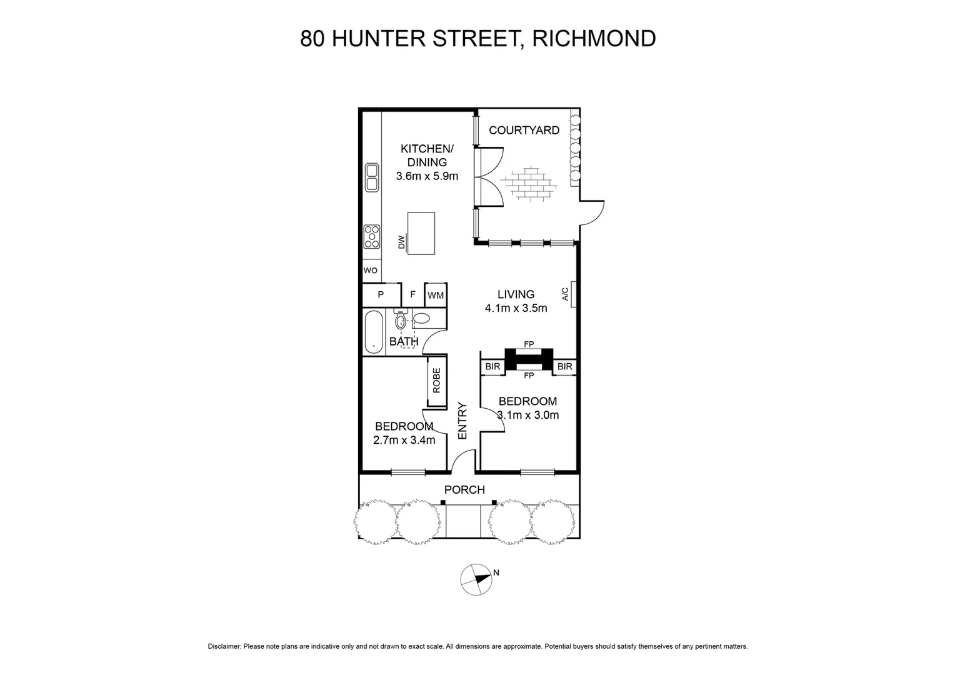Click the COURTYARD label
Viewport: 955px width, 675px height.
point(524,131)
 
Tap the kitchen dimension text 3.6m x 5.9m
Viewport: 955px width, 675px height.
point(427,176)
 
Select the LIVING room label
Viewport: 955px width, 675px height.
point(516,294)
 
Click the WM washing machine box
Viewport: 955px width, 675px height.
point(436,295)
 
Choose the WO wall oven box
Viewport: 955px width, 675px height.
point(371,271)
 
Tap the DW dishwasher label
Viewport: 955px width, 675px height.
point(402,242)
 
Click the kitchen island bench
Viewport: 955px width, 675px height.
point(421,233)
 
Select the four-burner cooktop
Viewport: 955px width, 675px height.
point(372,236)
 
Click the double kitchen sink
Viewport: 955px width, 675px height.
point(372,177)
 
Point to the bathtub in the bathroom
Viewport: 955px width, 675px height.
point(374,332)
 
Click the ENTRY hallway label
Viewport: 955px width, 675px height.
point(462,420)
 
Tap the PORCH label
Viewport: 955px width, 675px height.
point(464,489)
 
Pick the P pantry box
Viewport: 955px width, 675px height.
point(381,295)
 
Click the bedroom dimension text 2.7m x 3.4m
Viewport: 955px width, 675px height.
point(404,440)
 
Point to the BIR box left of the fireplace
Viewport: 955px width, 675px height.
point(492,367)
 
